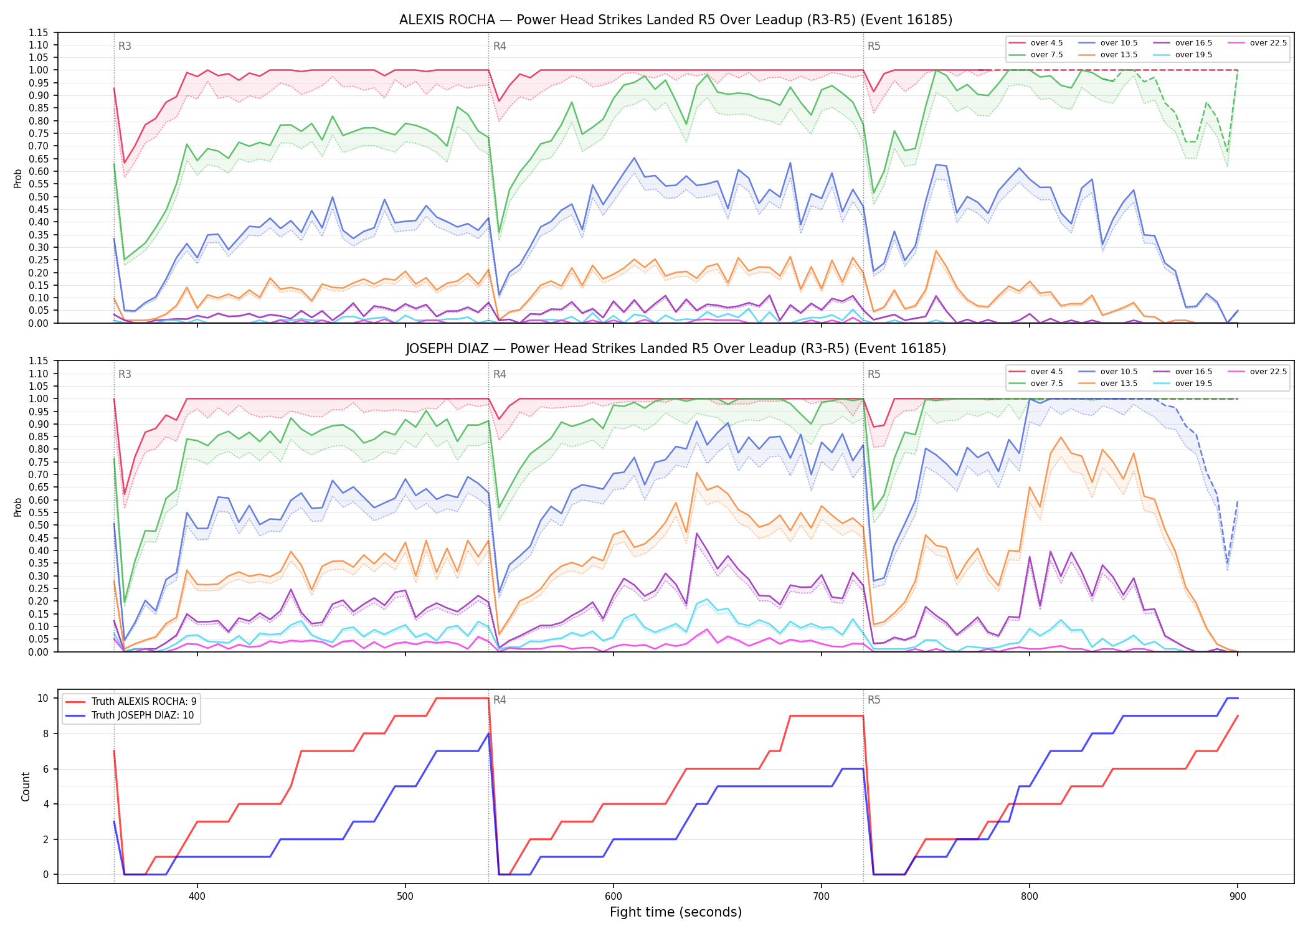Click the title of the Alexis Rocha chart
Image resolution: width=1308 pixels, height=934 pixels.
(x=676, y=20)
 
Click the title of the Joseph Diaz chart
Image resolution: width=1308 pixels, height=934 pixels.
(x=676, y=349)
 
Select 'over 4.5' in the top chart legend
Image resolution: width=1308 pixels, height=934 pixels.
(x=1046, y=43)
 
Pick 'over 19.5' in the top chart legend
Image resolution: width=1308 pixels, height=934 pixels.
(x=1193, y=55)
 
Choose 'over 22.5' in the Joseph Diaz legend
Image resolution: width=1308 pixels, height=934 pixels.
(x=1268, y=372)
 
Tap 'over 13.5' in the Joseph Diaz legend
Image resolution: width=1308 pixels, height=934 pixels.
(x=1119, y=384)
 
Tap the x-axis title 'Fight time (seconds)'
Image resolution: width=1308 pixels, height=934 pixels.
(x=676, y=912)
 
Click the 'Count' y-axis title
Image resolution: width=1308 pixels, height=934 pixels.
(x=26, y=786)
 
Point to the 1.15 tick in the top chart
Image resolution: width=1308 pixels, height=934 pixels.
(x=38, y=32)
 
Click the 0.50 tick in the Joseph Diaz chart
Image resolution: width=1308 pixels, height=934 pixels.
(x=38, y=525)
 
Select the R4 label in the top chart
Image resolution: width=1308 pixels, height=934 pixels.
(x=500, y=46)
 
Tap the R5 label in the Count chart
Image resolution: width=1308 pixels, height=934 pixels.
(x=874, y=700)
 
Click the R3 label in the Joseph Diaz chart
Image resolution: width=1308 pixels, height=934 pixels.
(x=125, y=374)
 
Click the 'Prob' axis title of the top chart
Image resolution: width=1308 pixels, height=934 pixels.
(x=18, y=178)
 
